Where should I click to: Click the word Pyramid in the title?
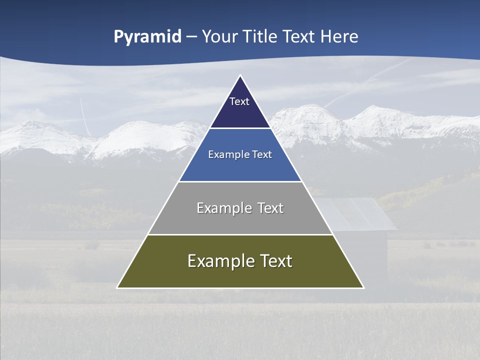coord(147,36)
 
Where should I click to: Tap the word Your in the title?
coord(219,36)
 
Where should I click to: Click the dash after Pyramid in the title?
coord(191,37)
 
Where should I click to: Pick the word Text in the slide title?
coord(299,36)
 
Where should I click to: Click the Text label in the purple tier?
coord(239,101)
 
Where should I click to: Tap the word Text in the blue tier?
coord(262,155)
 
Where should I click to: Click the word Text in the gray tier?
coord(271,208)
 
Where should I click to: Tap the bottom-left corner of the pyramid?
coord(117,287)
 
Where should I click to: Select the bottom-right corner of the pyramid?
coord(363,287)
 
